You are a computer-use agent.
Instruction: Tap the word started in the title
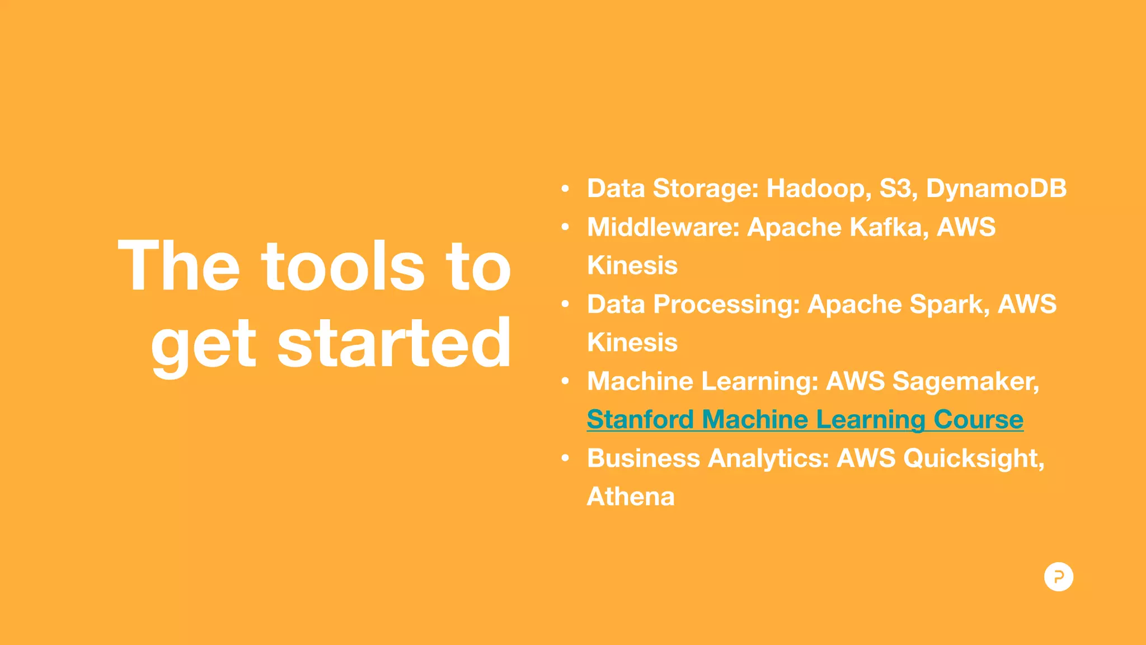tap(394, 343)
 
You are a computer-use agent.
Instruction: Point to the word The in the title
tap(179, 267)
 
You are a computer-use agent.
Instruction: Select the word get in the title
tap(203, 345)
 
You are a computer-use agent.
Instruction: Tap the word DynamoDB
tap(996, 189)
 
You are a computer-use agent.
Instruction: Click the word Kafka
tap(889, 227)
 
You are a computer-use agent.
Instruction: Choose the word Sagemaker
tap(965, 382)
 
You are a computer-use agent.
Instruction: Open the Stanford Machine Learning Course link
tap(805, 420)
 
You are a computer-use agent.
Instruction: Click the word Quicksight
tap(973, 459)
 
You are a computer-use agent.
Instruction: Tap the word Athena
tap(631, 497)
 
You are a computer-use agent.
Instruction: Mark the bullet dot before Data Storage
tap(565, 189)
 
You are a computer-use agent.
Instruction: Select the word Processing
tap(727, 305)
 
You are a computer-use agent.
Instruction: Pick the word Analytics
tap(768, 459)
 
